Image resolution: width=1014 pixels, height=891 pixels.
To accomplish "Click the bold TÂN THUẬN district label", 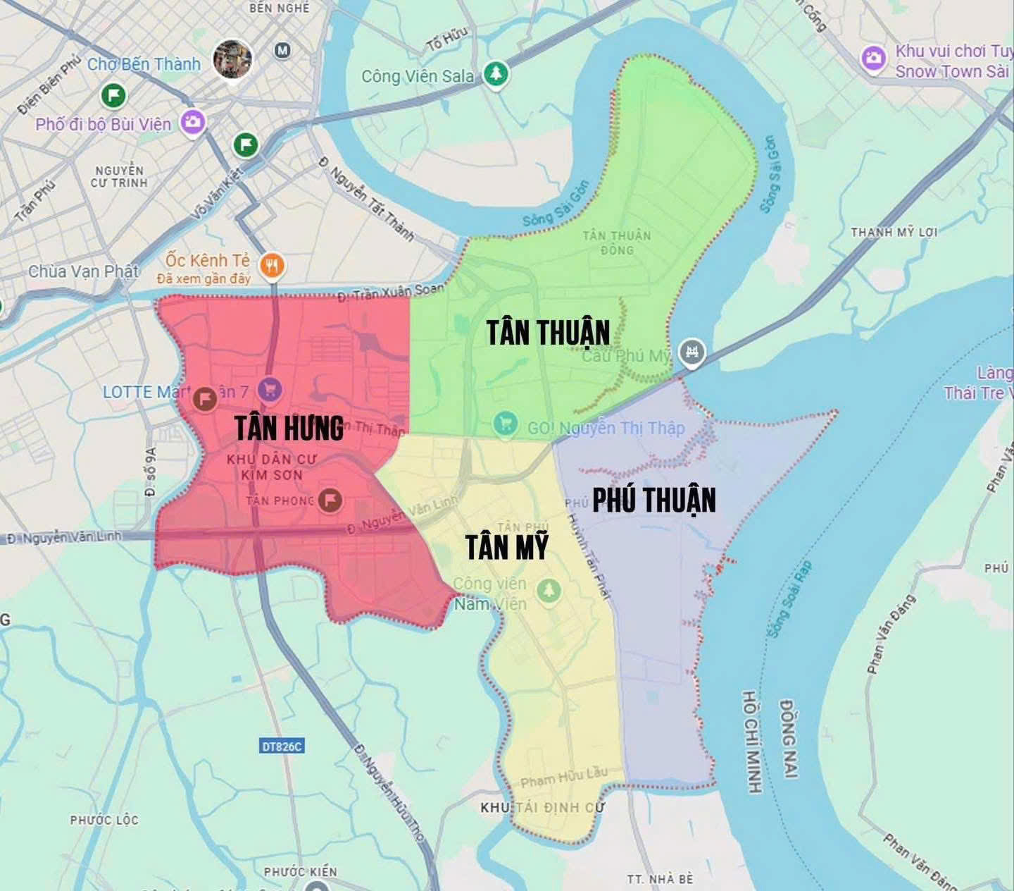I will tap(548, 333).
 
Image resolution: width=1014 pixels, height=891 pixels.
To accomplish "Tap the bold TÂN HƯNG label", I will tap(289, 428).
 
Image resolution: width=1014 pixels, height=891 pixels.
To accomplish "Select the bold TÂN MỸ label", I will tap(507, 547).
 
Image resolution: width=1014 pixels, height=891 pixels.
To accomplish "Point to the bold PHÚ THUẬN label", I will tap(653, 500).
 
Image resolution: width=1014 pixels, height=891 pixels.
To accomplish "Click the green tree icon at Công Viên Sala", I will tap(496, 74).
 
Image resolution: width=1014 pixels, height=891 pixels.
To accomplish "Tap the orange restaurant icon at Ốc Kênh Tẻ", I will tap(272, 266).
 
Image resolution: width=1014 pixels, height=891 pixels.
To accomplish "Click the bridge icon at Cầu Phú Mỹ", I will tap(691, 352).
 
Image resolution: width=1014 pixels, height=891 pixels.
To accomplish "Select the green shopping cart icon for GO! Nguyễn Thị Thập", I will tap(504, 423).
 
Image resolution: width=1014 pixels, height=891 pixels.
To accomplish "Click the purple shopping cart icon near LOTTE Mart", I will tap(269, 388).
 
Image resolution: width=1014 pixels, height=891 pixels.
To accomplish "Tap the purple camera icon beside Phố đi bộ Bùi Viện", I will tap(192, 123).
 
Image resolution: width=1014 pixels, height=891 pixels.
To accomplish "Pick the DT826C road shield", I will tap(282, 746).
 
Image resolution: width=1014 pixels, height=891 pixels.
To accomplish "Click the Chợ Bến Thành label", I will tap(144, 64).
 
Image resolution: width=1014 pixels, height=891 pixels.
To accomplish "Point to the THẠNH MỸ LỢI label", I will tap(894, 232).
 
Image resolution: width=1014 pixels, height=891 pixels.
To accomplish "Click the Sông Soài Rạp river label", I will tap(789, 599).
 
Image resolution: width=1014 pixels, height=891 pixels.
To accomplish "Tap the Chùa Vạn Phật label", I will tap(83, 271).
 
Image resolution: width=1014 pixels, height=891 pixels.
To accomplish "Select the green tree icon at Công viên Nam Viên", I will tap(549, 591).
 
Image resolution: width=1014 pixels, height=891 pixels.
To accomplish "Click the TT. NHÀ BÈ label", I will tap(660, 879).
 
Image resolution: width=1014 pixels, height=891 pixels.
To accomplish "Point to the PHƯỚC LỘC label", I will tap(104, 820).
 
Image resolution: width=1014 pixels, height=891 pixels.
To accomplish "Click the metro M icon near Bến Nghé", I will tap(282, 51).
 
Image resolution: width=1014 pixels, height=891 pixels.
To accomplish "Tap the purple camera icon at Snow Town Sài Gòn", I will tap(873, 59).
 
